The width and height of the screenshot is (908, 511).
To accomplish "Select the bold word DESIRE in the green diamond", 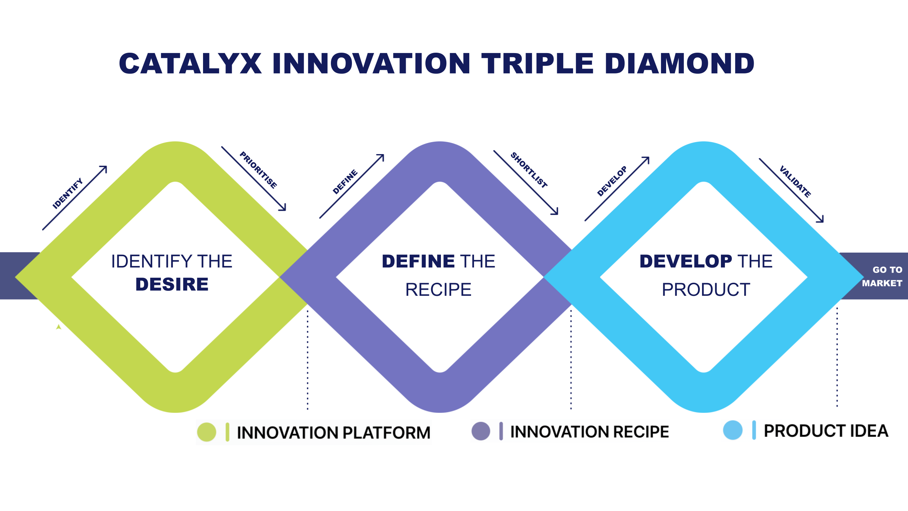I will (172, 284).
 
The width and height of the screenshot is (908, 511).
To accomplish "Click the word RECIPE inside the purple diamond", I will (438, 290).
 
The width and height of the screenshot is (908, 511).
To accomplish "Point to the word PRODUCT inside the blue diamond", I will (706, 290).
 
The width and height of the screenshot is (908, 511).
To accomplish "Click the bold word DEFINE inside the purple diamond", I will (418, 261).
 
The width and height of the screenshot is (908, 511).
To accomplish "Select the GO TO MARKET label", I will (883, 276).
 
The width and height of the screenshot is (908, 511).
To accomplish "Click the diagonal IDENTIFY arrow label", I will (68, 193).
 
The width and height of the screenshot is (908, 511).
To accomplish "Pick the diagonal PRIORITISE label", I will (259, 170).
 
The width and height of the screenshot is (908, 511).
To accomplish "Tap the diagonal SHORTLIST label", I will (529, 170).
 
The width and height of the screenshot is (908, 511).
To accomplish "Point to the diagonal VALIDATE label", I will (795, 181).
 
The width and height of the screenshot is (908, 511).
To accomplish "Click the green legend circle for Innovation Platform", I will (207, 432).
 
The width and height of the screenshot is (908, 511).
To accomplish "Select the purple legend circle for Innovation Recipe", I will (481, 431).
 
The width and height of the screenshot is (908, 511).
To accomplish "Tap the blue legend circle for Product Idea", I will (733, 430).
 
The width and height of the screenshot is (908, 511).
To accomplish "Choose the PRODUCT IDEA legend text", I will (826, 431).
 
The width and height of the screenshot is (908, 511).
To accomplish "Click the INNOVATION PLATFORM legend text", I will (333, 432).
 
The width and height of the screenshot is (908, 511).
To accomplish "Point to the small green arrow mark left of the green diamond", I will (58, 327).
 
